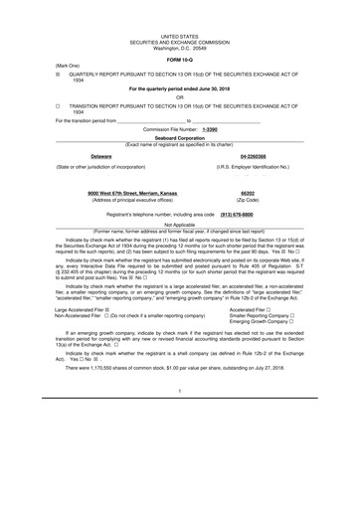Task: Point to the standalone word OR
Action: click(x=180, y=96)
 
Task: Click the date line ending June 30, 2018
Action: click(x=180, y=88)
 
